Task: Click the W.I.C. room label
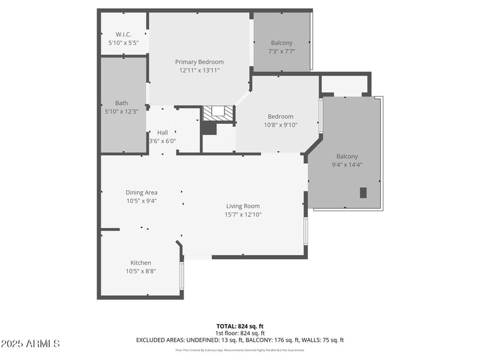click(x=124, y=34)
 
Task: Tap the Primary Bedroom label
click(x=199, y=62)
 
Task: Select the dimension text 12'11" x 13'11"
click(x=199, y=70)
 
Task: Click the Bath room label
click(x=121, y=103)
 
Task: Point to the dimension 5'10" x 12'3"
click(x=121, y=111)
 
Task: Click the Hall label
click(x=163, y=133)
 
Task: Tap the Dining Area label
click(x=142, y=193)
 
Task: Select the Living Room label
click(x=243, y=206)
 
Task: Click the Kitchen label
click(x=141, y=262)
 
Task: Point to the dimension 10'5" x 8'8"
click(x=141, y=271)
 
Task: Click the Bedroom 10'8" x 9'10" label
click(x=281, y=116)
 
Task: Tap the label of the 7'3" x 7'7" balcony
click(x=282, y=43)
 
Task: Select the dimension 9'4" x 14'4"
click(x=347, y=164)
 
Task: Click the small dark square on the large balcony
click(x=363, y=193)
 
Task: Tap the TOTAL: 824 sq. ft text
click(x=239, y=326)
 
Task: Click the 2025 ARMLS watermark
click(x=30, y=344)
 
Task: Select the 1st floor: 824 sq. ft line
click(x=239, y=333)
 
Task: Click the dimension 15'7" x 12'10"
click(x=243, y=214)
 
